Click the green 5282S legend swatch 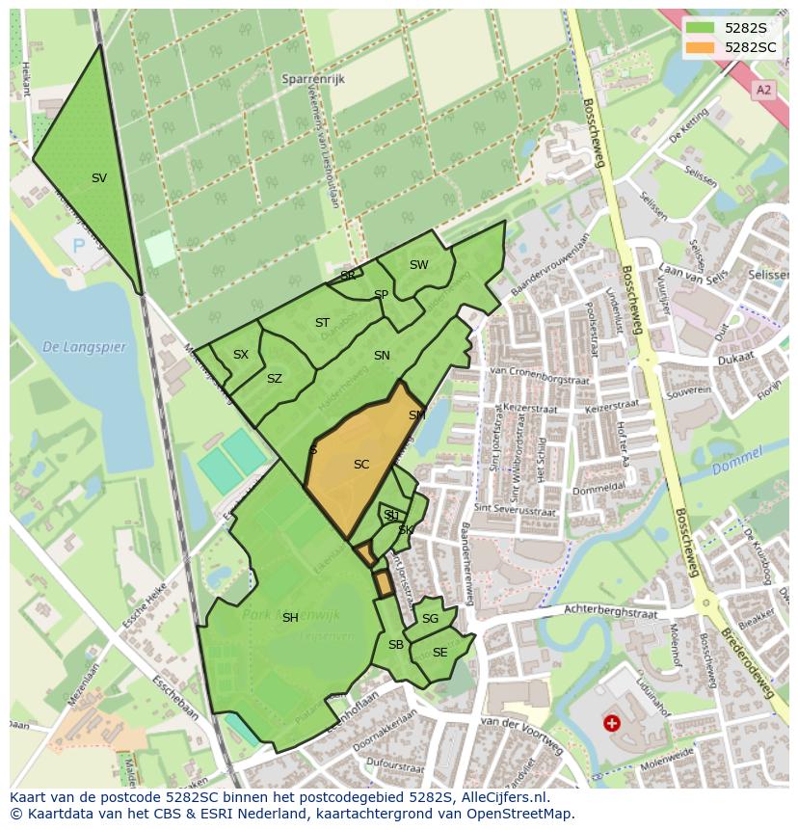coord(701,27)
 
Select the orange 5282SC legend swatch coord(701,46)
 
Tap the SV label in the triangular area coord(99,178)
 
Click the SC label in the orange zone coord(361,465)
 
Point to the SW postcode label coord(418,265)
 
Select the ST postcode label coord(322,323)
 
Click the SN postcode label coord(382,356)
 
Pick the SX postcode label coord(241,355)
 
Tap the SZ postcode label coord(275,379)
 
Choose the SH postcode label coord(290,618)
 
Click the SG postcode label coord(430,619)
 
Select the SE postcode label coord(439,653)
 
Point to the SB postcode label coord(396,645)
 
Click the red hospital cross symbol coord(611,722)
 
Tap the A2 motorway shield coord(764,90)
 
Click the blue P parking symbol coord(79,247)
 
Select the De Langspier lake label coord(85,347)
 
